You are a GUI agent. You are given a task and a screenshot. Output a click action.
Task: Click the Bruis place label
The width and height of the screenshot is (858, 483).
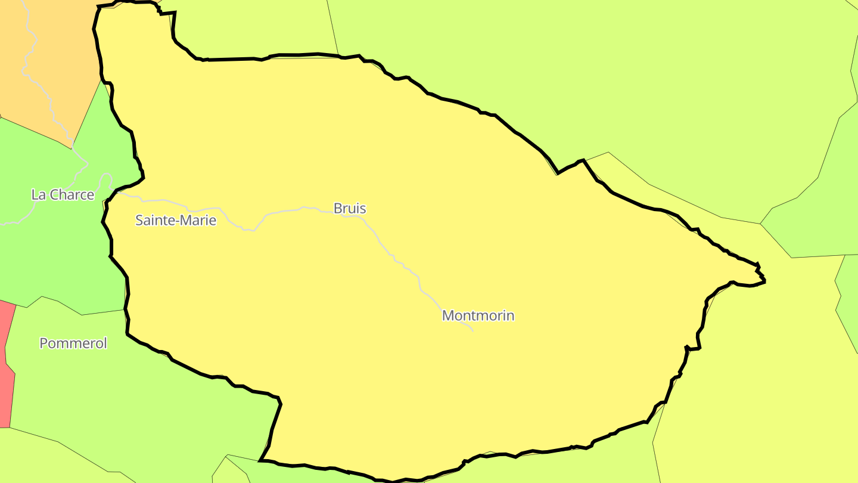[x=350, y=209]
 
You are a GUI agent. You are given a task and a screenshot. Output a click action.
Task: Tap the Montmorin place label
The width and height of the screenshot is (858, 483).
[x=478, y=315]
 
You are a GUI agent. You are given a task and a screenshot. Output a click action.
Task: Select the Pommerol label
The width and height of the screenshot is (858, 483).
[x=73, y=343]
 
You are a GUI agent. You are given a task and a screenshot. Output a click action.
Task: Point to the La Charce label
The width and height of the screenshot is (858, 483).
[x=63, y=195]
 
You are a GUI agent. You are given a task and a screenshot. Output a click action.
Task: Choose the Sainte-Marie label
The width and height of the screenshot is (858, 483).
[x=176, y=221]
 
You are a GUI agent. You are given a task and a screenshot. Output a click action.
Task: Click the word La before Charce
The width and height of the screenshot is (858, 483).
[x=38, y=195]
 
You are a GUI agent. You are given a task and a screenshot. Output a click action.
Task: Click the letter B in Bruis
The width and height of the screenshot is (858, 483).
[x=338, y=209]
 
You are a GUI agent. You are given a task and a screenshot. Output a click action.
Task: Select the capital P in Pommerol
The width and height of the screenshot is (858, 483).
[x=43, y=343]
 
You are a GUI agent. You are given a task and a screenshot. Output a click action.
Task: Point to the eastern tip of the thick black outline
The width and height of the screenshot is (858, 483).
[x=764, y=279]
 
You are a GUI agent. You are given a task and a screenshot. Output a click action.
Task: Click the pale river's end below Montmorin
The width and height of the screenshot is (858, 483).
[x=472, y=330]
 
